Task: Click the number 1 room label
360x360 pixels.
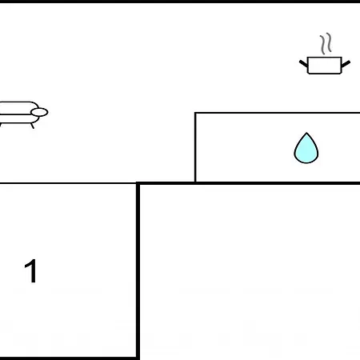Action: [x=30, y=270]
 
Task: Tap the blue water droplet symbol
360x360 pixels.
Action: [x=306, y=148]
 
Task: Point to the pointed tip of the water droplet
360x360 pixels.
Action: [x=306, y=133]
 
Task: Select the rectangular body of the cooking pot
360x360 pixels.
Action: [x=325, y=66]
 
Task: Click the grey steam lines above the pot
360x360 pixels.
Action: [x=326, y=43]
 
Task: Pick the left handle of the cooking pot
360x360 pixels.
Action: [x=303, y=64]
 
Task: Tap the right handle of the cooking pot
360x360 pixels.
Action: [x=346, y=64]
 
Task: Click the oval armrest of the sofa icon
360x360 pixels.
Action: [x=39, y=112]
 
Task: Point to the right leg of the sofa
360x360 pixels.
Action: [x=32, y=126]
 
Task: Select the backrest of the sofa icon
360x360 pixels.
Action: [x=18, y=108]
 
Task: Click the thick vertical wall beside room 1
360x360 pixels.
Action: [x=138, y=270]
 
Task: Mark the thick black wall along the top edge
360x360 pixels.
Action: [x=180, y=2]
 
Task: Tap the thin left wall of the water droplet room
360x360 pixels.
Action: [x=195, y=147]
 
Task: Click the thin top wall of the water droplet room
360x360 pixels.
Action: [x=278, y=113]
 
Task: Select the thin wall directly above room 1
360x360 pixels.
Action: [x=68, y=183]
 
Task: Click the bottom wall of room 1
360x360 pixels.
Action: [x=68, y=358]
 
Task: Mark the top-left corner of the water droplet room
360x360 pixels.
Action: [x=195, y=113]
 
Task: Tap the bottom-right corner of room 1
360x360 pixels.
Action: [x=138, y=358]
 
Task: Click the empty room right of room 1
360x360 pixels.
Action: [x=250, y=272]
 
